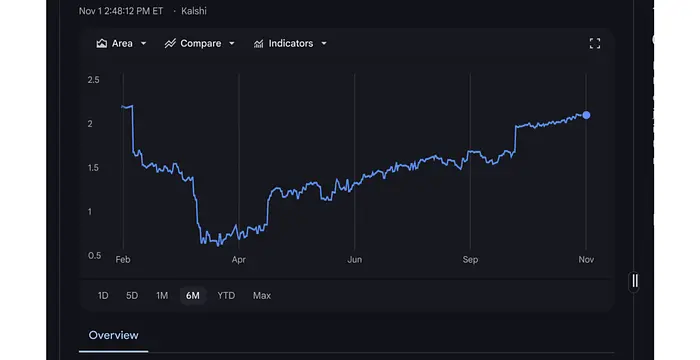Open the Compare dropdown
(x=200, y=44)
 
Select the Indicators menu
(x=290, y=44)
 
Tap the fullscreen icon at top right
(x=595, y=44)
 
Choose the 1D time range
(x=103, y=296)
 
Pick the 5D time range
(x=132, y=296)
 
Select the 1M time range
(x=162, y=296)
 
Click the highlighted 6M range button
(x=192, y=296)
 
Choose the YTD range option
(x=227, y=296)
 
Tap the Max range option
(x=262, y=296)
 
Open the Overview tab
(x=113, y=335)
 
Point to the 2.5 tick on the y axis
(x=93, y=80)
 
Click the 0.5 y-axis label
(x=93, y=256)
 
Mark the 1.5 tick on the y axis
(x=93, y=168)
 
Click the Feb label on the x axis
(x=123, y=260)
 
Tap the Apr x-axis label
(x=239, y=260)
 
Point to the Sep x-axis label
(x=470, y=260)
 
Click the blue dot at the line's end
(x=586, y=115)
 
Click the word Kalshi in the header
(x=195, y=12)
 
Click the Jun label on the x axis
(x=354, y=260)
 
